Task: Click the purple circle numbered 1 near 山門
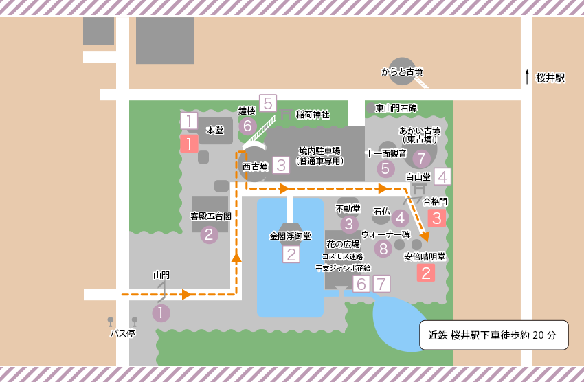[160, 313]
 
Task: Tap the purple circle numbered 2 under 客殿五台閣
[208, 235]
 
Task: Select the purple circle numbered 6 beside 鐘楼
[248, 126]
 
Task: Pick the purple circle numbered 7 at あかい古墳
[422, 158]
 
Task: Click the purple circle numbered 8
[383, 249]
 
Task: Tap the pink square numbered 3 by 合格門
[437, 218]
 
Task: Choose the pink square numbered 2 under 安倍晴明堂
[426, 273]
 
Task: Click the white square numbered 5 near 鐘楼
[267, 104]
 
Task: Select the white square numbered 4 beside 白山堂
[442, 176]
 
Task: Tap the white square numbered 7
[382, 283]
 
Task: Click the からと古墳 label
[402, 71]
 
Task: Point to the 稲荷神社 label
[313, 114]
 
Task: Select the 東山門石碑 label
[396, 109]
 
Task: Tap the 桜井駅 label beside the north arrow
[550, 78]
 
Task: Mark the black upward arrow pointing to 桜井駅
[527, 76]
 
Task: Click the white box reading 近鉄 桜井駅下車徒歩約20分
[493, 335]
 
